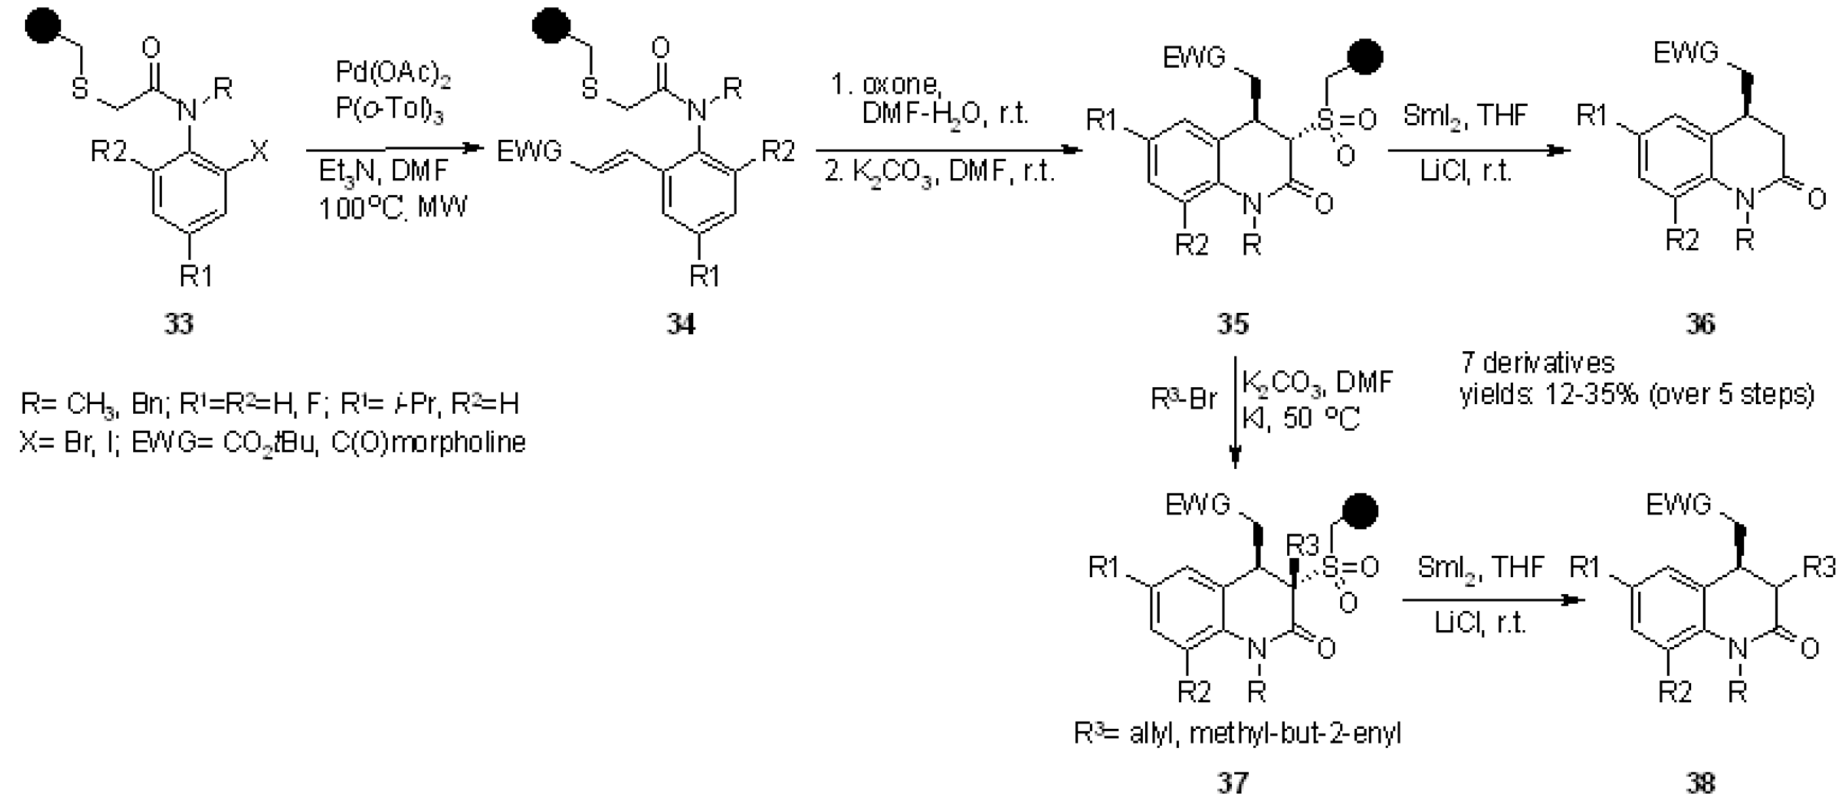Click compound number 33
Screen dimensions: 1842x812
[x=179, y=324]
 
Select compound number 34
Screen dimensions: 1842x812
[x=681, y=324]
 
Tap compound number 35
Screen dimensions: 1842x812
[x=1233, y=324]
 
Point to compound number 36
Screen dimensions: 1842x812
[x=1701, y=324]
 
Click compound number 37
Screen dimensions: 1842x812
[x=1233, y=783]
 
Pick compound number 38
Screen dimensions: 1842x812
[x=1701, y=783]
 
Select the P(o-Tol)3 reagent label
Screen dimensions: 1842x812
[x=389, y=110]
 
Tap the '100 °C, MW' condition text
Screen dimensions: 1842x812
[x=392, y=208]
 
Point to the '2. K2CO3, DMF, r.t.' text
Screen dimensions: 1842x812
[x=940, y=172]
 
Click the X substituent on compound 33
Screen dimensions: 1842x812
[x=260, y=152]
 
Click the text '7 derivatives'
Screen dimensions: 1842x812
[x=1537, y=363]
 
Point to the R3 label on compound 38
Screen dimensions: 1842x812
[x=1819, y=567]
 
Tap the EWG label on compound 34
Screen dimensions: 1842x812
[x=529, y=152]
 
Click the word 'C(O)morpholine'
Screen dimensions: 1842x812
[x=428, y=442]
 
